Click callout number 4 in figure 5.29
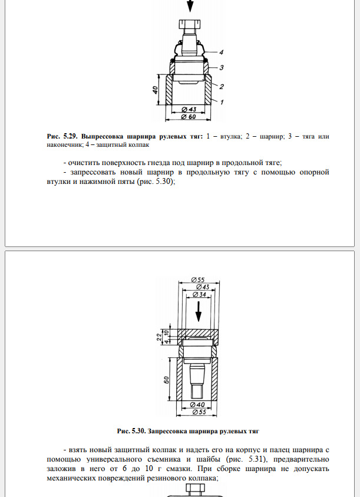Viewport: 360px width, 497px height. click(221, 52)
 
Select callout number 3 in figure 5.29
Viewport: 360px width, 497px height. click(221, 68)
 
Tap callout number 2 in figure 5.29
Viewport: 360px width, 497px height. click(221, 87)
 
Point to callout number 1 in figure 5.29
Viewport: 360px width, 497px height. click(222, 102)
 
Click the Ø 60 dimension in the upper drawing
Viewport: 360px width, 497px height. click(189, 117)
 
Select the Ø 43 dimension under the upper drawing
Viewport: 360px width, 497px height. click(189, 109)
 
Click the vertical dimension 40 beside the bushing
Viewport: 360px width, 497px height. click(156, 90)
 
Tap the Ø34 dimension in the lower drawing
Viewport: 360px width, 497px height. click(199, 294)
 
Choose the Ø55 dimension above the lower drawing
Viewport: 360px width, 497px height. click(198, 279)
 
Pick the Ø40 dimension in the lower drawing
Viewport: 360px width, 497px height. click(197, 405)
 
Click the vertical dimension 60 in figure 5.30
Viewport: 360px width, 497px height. click(166, 380)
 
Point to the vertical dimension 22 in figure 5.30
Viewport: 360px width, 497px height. click(159, 337)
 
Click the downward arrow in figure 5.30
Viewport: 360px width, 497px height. click(199, 311)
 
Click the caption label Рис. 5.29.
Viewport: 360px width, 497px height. click(62, 136)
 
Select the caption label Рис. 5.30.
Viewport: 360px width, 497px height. click(131, 431)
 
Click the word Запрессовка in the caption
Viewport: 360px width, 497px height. click(167, 431)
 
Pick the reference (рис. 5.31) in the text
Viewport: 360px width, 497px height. click(246, 459)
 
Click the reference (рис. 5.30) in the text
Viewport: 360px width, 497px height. click(156, 182)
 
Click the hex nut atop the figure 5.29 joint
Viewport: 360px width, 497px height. click(190, 24)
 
